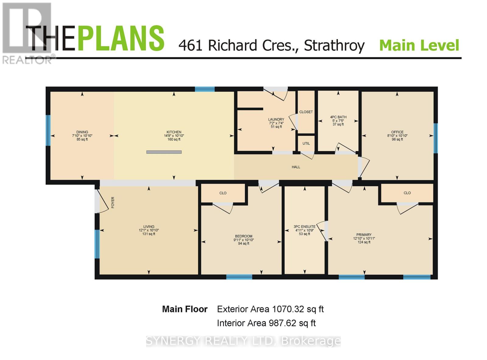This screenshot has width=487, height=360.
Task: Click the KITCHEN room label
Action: coord(174,132)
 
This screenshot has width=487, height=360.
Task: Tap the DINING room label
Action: coord(82,132)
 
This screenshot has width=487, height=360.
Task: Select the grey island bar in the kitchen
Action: coord(164,152)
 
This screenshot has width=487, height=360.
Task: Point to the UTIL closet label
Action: coord(306,143)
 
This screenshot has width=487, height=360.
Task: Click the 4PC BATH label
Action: coord(338,117)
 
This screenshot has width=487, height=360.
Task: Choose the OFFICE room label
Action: coord(397,132)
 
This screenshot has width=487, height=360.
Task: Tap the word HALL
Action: coord(296,167)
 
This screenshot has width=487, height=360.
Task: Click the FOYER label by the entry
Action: coord(113,202)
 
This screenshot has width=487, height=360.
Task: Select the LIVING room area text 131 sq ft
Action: coord(149,234)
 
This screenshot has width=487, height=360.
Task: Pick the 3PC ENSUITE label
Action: coord(304,227)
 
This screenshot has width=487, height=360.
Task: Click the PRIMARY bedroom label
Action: coord(364,235)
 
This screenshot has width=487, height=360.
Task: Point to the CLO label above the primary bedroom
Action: coord(407,193)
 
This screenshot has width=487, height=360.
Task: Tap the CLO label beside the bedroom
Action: coord(223,193)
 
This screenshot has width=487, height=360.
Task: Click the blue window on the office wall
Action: coord(436,138)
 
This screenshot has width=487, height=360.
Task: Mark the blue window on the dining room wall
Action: coord(48,130)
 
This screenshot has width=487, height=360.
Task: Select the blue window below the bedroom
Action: coord(239,277)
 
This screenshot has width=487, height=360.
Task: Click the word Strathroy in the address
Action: coord(334,46)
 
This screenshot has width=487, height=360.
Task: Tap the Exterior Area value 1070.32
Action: coord(288,309)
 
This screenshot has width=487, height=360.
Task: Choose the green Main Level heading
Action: coord(419,46)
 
